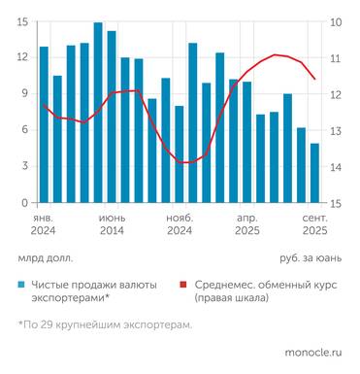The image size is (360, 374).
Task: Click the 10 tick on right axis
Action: [335, 22]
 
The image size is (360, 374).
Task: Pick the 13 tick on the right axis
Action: [335, 131]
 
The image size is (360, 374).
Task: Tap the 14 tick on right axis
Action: [335, 167]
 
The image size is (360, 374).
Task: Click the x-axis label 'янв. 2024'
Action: [43, 225]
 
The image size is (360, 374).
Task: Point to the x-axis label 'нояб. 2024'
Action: [180, 225]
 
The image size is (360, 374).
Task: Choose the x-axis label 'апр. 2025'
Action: [247, 225]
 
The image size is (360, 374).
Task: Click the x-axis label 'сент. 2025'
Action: [314, 225]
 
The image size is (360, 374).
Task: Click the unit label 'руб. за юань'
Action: [311, 259]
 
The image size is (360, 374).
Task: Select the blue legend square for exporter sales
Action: [21, 285]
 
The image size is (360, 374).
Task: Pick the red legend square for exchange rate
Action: [183, 285]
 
